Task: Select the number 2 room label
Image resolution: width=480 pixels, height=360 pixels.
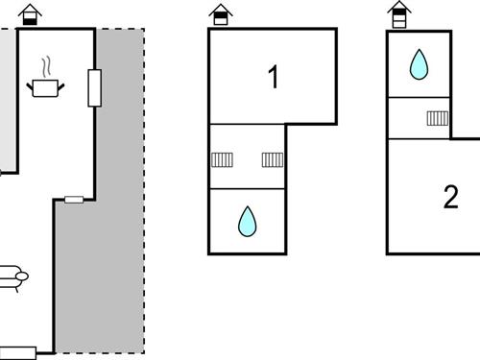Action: click(x=450, y=197)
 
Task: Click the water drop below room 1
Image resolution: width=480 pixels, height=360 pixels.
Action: click(x=248, y=222)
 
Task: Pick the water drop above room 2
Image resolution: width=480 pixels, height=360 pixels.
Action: click(x=419, y=65)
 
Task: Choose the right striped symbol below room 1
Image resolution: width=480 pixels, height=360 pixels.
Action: click(x=273, y=159)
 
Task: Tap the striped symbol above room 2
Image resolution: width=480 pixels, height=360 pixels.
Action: click(x=438, y=118)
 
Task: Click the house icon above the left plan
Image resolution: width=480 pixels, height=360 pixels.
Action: click(x=31, y=13)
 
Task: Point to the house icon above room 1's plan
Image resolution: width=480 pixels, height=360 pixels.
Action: click(x=221, y=13)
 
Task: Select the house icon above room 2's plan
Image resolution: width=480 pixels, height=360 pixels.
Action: click(x=398, y=13)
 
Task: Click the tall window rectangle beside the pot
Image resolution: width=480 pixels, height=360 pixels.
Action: click(x=95, y=87)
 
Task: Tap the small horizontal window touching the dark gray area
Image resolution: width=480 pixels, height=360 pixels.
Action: click(x=74, y=200)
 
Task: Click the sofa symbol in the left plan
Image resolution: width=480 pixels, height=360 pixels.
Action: click(x=13, y=276)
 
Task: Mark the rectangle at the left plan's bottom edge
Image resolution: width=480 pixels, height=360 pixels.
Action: click(x=18, y=351)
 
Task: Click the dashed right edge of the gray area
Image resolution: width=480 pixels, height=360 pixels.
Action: click(x=145, y=192)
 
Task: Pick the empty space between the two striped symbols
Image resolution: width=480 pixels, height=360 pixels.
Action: click(x=248, y=159)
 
